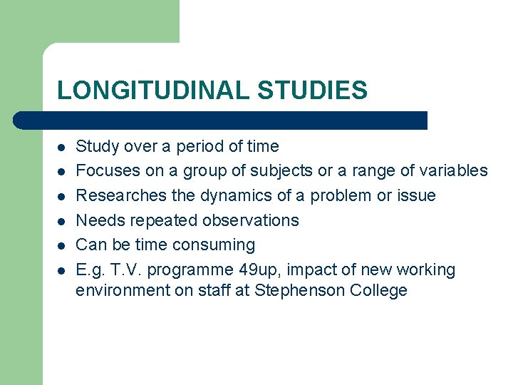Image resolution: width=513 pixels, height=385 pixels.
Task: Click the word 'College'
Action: tap(378, 291)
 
